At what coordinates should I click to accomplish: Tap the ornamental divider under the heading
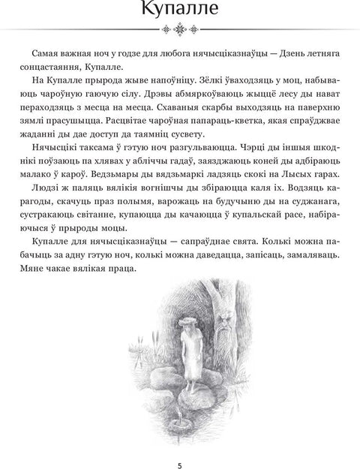[x=180, y=30]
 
